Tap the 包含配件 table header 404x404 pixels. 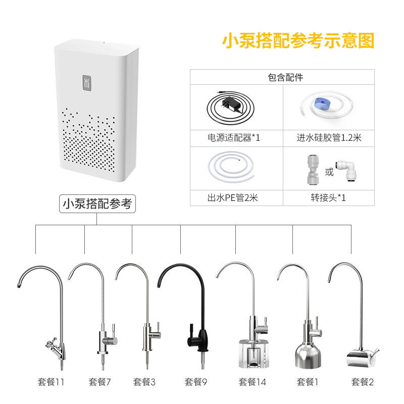tap(285, 77)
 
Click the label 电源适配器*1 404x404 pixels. tap(236, 137)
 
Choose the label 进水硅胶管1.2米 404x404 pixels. tap(329, 137)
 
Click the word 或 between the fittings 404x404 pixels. tap(329, 173)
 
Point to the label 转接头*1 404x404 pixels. tap(329, 197)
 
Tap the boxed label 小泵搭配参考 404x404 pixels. tap(97, 204)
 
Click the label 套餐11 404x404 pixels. tap(51, 382)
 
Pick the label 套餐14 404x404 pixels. tap(252, 382)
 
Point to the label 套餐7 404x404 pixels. tap(100, 382)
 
